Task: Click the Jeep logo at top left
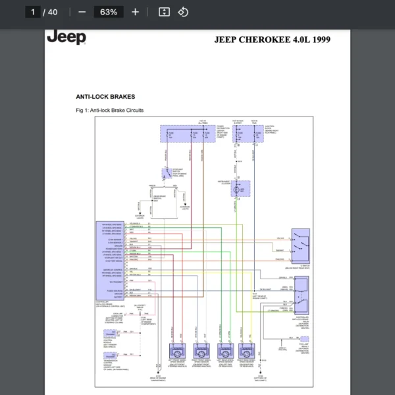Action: (x=66, y=37)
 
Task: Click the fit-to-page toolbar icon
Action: (x=165, y=12)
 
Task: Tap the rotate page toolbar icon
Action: (x=184, y=12)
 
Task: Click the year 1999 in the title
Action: (x=320, y=39)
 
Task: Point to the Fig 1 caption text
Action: (x=109, y=110)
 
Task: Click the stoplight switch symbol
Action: (x=165, y=174)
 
